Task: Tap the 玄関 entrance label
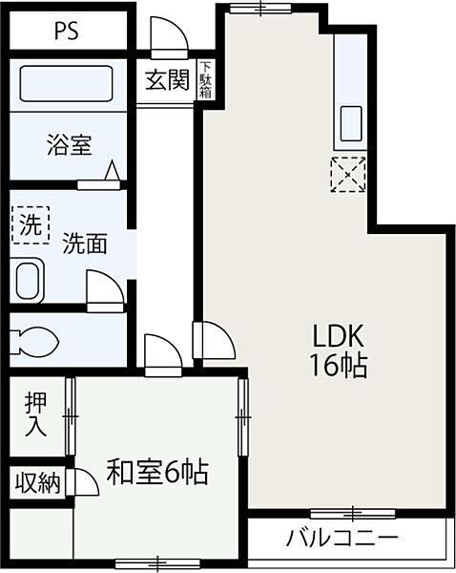166,80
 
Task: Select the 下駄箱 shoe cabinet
206,80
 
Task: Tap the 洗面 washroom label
84,244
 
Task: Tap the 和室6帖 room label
157,472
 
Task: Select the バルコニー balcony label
342,538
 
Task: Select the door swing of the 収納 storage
85,482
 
